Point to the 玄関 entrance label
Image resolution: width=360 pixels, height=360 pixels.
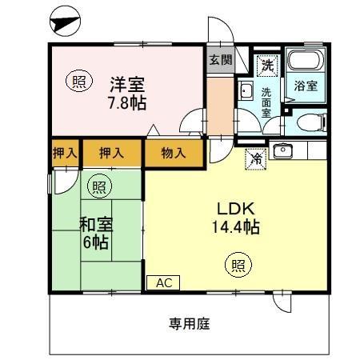(x=220, y=60)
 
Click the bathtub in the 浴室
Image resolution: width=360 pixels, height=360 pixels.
(x=305, y=61)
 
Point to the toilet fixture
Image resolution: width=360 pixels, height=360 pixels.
(x=310, y=122)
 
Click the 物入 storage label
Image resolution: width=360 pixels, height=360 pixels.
(x=174, y=152)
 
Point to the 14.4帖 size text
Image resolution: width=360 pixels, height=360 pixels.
(x=235, y=226)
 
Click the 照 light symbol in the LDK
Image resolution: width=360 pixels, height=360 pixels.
(x=237, y=263)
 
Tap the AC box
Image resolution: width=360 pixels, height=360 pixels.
(x=163, y=282)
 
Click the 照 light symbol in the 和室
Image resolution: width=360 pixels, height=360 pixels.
(x=98, y=187)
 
